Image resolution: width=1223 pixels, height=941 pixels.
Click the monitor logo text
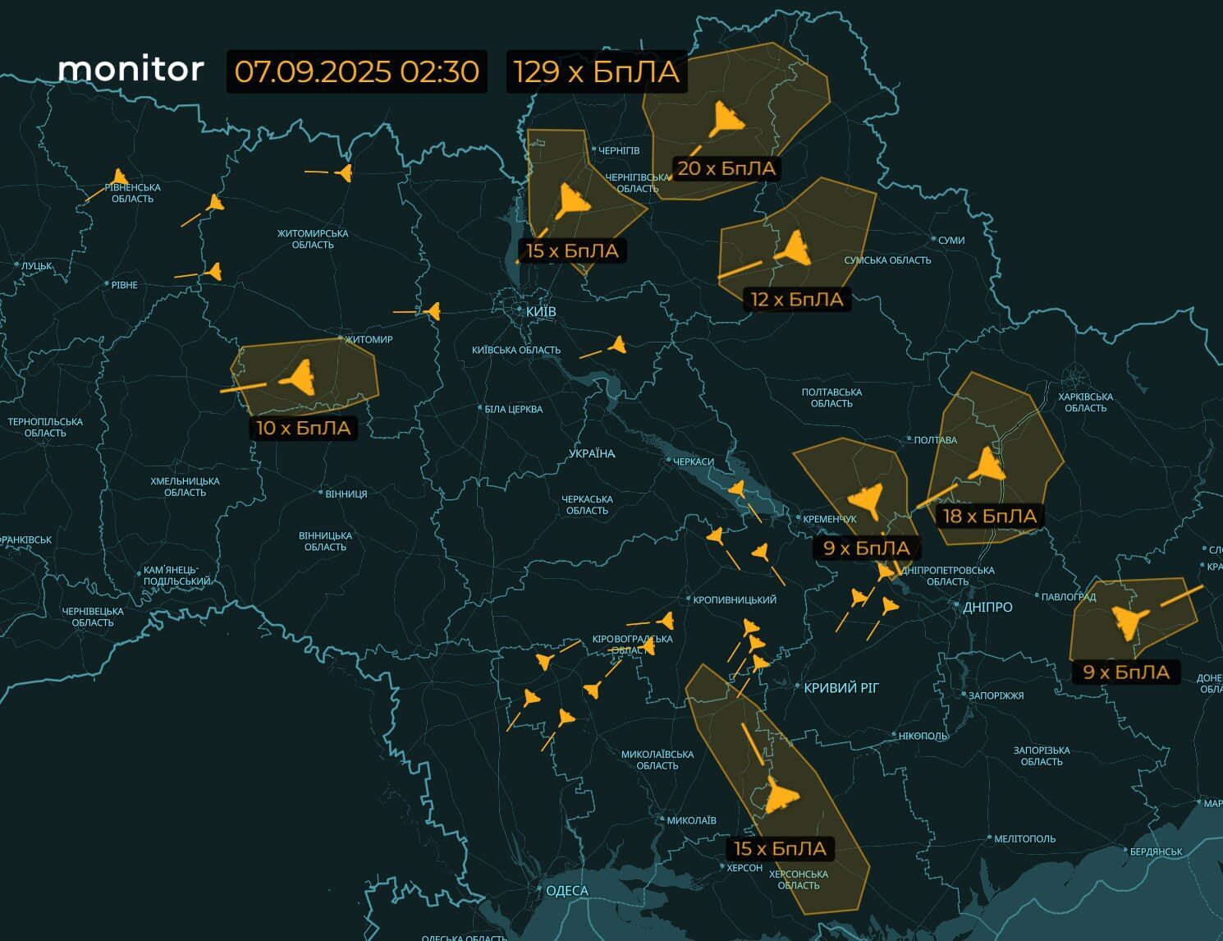pyautogui.click(x=131, y=69)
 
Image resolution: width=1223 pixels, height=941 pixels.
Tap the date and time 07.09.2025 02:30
pyautogui.click(x=356, y=71)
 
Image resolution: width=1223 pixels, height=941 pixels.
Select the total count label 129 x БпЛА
pyautogui.click(x=597, y=71)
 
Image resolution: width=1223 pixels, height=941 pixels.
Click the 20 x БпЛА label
pyautogui.click(x=726, y=168)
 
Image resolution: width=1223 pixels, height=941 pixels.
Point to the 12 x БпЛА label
pyautogui.click(x=797, y=300)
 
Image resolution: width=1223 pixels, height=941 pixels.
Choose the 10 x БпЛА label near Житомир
pyautogui.click(x=303, y=428)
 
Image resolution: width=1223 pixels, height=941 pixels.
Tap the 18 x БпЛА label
pyautogui.click(x=989, y=516)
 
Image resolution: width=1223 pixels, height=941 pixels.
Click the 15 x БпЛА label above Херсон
pyautogui.click(x=780, y=848)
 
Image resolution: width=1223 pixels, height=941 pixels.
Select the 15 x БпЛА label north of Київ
pyautogui.click(x=572, y=250)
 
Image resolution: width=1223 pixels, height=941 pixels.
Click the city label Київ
pyautogui.click(x=541, y=312)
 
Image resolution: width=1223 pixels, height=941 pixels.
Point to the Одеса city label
pyautogui.click(x=566, y=891)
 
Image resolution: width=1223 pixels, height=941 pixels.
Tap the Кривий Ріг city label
pyautogui.click(x=841, y=687)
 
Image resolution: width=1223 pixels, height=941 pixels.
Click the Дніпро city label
pyautogui.click(x=987, y=607)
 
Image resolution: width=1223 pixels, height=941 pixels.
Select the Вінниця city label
pyautogui.click(x=346, y=493)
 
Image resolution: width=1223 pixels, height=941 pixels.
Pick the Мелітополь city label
pyautogui.click(x=1024, y=838)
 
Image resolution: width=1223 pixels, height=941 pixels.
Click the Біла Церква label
pyautogui.click(x=513, y=409)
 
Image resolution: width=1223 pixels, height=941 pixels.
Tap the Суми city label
pyautogui.click(x=950, y=240)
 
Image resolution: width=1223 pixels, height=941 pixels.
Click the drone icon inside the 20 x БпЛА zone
pyautogui.click(x=726, y=120)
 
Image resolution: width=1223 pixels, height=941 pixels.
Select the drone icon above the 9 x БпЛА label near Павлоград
pyautogui.click(x=1125, y=622)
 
